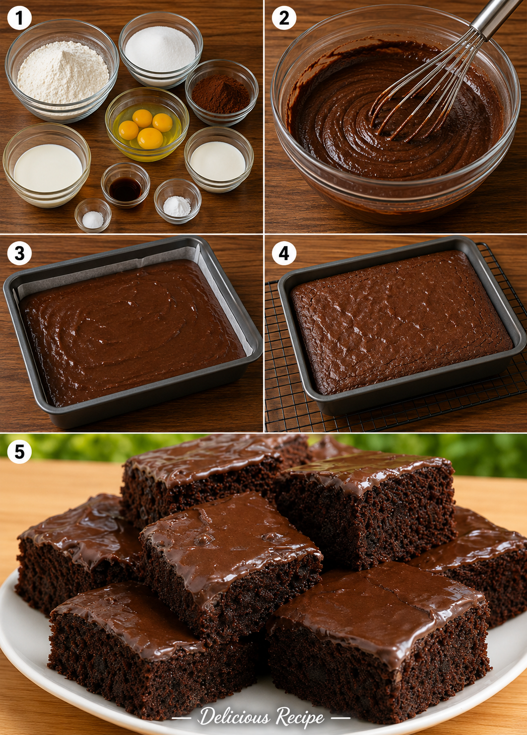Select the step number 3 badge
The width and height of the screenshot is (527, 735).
[x=19, y=253]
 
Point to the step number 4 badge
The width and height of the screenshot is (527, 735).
[x=284, y=253]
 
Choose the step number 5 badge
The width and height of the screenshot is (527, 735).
[x=19, y=452]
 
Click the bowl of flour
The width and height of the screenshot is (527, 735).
[x=62, y=71]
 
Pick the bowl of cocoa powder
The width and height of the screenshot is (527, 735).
[x=222, y=93]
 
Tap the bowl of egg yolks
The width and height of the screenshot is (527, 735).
[x=147, y=124]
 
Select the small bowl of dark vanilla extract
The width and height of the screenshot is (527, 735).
[x=125, y=185]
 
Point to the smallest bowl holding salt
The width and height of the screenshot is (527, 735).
[x=93, y=215]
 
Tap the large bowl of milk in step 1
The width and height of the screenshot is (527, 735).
[x=47, y=166]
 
